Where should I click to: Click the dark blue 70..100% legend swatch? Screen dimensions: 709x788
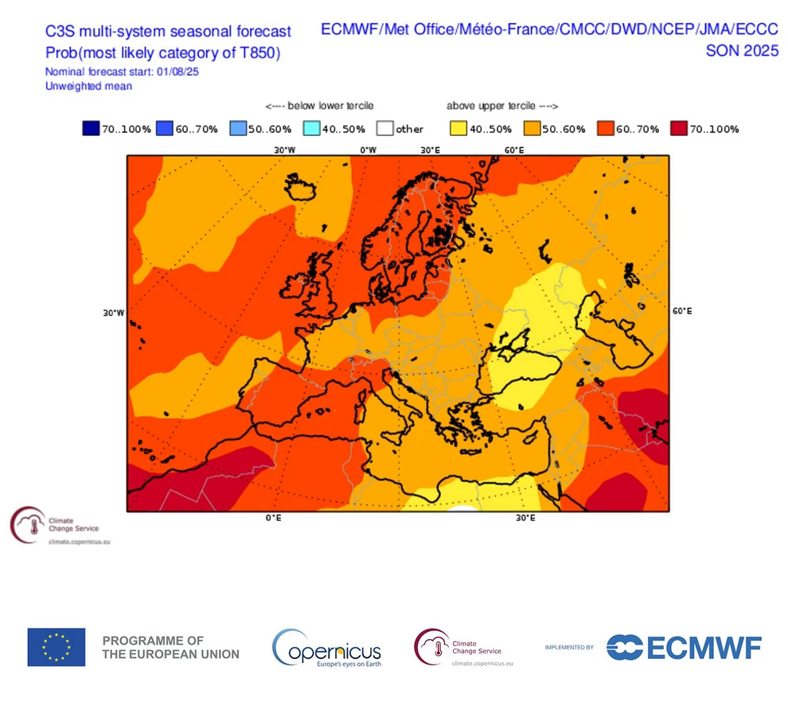[x=90, y=129]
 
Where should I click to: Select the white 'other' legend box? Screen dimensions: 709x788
[x=386, y=129]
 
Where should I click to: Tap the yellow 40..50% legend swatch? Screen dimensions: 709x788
[x=459, y=129]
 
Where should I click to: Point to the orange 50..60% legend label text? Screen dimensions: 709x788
[x=565, y=129]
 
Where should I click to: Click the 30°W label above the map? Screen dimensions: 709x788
[x=285, y=150]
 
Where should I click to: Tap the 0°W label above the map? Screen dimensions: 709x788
[x=368, y=150]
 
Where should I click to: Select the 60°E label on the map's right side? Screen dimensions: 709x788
[x=682, y=311]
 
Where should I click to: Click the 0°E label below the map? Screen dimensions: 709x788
[x=274, y=518]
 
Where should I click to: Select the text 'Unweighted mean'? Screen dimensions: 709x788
[x=88, y=86]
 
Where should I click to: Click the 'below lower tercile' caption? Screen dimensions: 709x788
[x=319, y=106]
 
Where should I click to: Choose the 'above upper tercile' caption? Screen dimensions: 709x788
[x=501, y=106]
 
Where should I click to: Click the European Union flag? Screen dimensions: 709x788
[x=57, y=647]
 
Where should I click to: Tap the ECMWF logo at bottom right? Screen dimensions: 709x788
[x=684, y=647]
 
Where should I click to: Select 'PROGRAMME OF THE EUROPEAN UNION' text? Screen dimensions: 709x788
[x=170, y=647]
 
